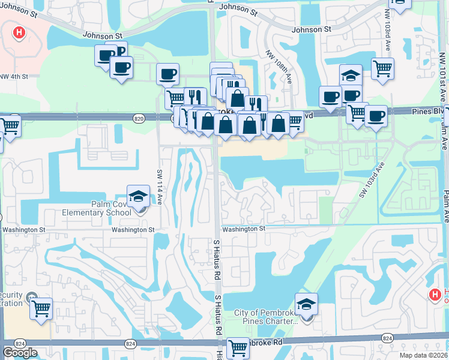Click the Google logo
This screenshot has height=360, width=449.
coord(20,353)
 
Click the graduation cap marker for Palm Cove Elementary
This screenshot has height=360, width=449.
coord(138,196)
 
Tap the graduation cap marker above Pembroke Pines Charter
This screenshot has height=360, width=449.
coord(306,304)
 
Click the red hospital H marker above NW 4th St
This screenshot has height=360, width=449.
coord(19,33)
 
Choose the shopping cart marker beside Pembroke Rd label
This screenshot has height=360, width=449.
coord(238,346)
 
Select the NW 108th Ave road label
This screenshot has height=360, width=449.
coord(280,67)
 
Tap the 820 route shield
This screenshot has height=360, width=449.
coord(139,119)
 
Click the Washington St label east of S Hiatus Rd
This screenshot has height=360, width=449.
coord(243,229)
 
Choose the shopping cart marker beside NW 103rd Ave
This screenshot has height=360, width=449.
coord(382,68)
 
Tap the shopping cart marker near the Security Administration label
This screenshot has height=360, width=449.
coord(41,309)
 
